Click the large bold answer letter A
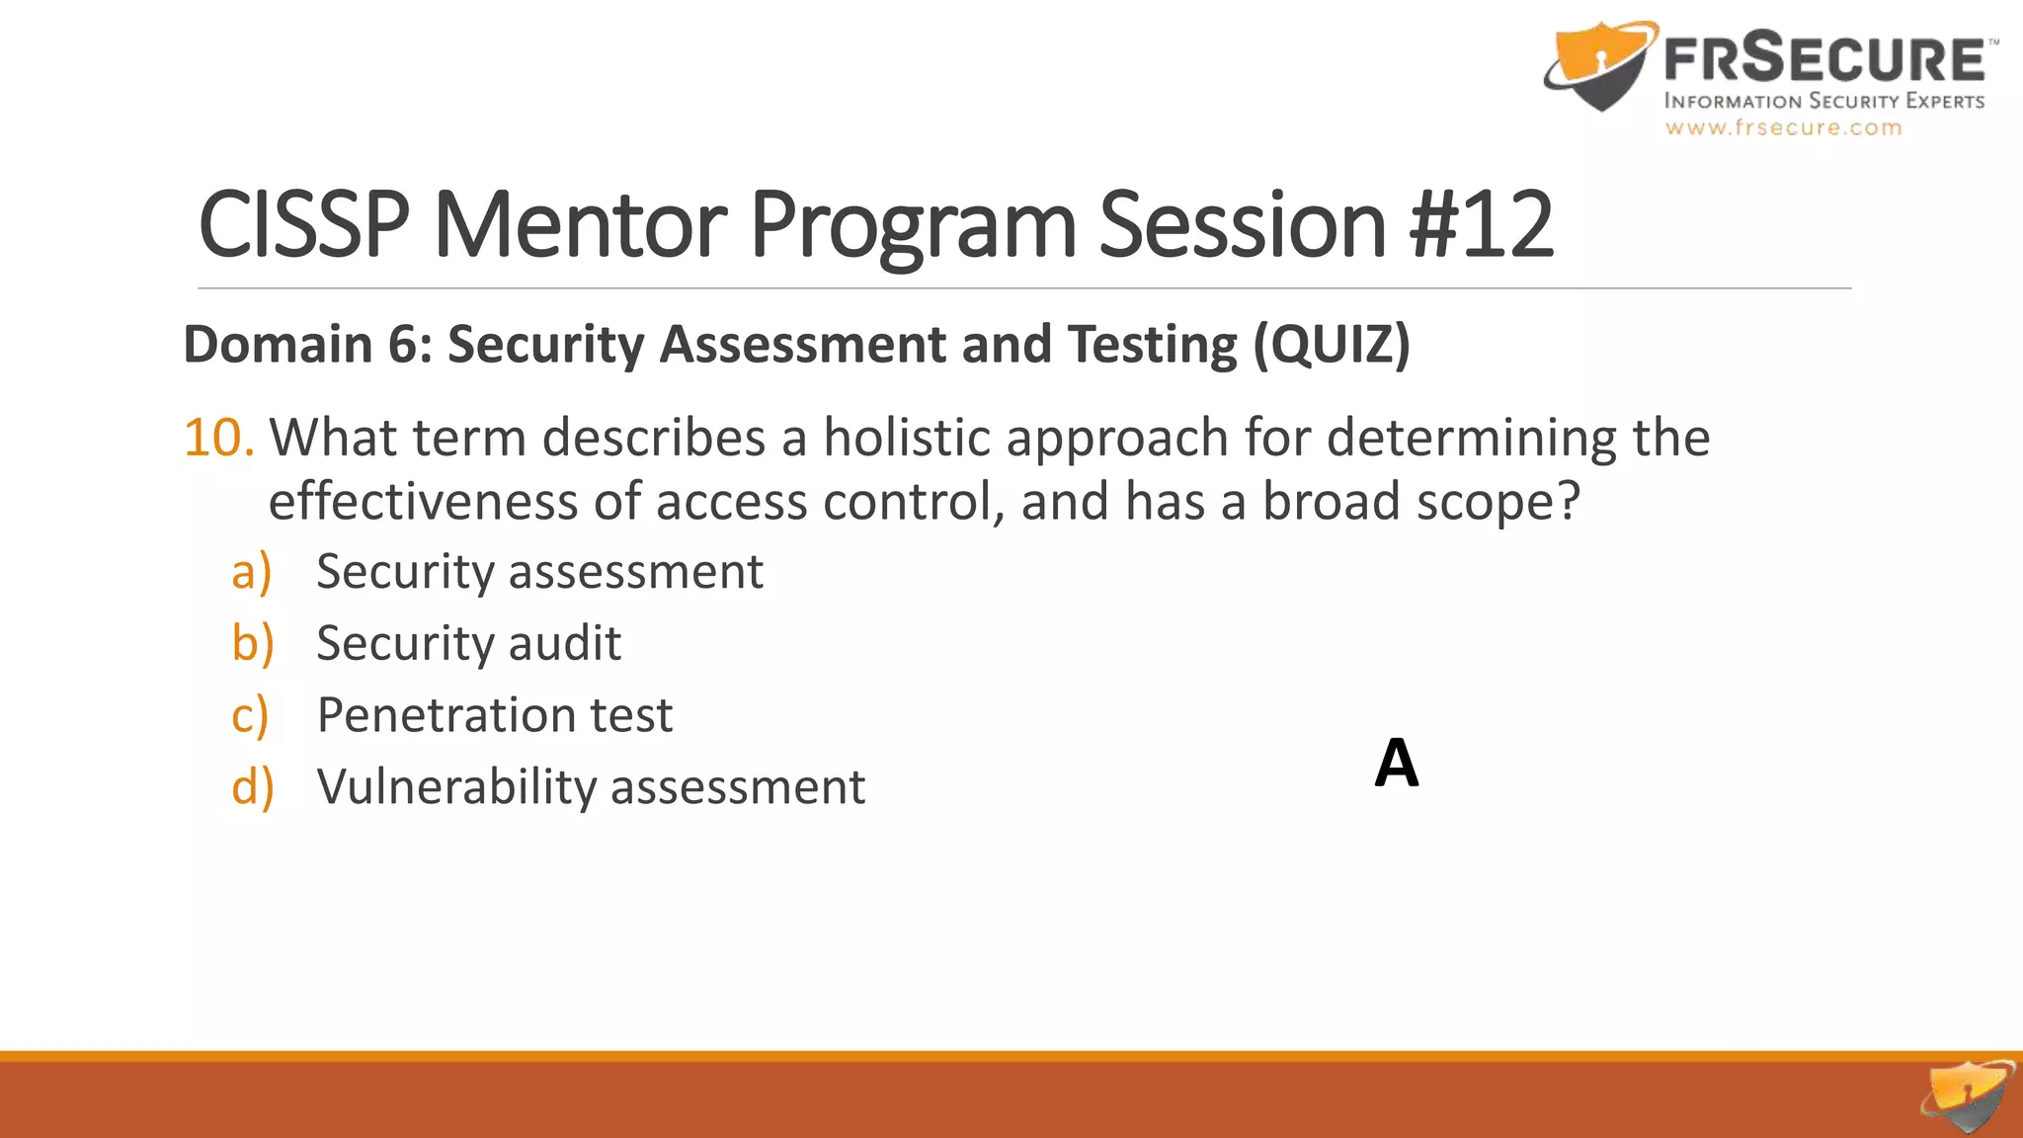tap(1397, 764)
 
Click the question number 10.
tap(219, 438)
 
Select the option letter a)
tap(251, 572)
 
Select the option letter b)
tap(252, 643)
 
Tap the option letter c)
tap(250, 716)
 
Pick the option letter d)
tap(252, 787)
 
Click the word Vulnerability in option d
tap(456, 787)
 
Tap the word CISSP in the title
tap(303, 225)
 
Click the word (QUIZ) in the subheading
tap(1332, 345)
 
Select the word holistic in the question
tap(906, 438)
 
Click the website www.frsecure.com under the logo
tap(1783, 128)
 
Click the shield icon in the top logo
tap(1600, 64)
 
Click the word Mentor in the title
tap(580, 225)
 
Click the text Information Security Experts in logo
tap(1823, 102)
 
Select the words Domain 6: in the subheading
tap(307, 345)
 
